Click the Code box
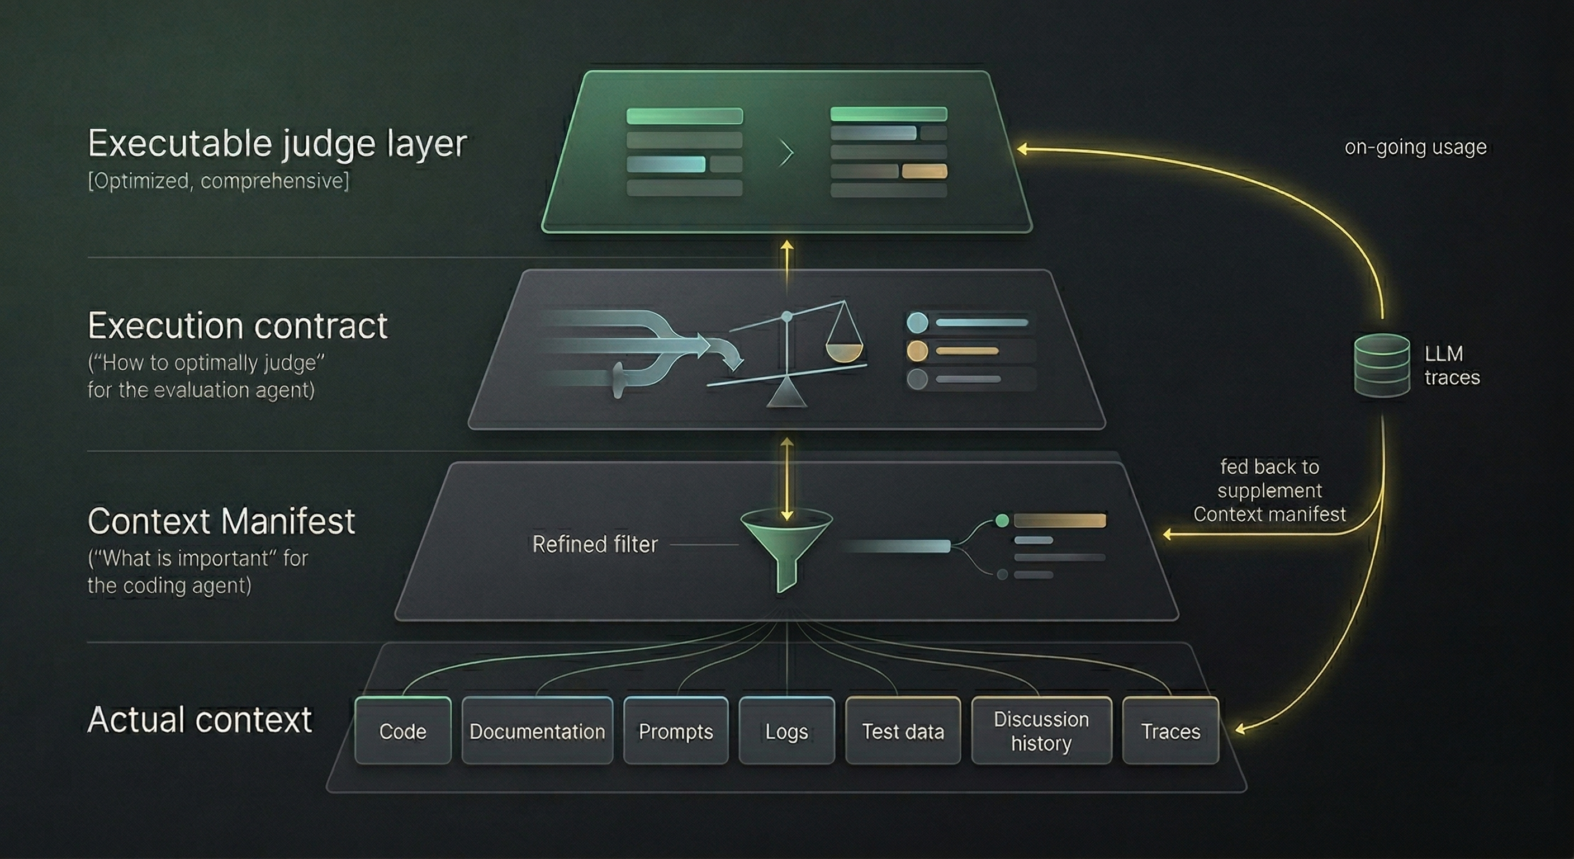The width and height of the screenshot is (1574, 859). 402,730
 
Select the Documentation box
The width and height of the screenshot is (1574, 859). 537,730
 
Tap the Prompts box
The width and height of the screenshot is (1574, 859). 676,730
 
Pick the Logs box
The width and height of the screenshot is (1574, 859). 786,730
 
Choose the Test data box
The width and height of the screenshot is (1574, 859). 903,730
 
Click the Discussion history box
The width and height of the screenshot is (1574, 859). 1041,730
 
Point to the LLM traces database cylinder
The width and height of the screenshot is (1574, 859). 1382,365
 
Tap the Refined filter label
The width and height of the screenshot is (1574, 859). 595,544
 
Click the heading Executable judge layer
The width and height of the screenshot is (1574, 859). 277,143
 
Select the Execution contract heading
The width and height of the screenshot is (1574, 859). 238,325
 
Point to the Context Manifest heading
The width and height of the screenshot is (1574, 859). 221,521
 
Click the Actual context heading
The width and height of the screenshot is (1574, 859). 200,719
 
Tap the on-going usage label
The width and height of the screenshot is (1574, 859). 1415,147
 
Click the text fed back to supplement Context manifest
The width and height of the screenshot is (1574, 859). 1269,490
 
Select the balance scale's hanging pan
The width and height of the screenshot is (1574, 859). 844,351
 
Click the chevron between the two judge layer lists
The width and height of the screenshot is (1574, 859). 786,153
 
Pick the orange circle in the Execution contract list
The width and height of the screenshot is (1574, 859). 917,351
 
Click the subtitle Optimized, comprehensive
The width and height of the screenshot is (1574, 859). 218,181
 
